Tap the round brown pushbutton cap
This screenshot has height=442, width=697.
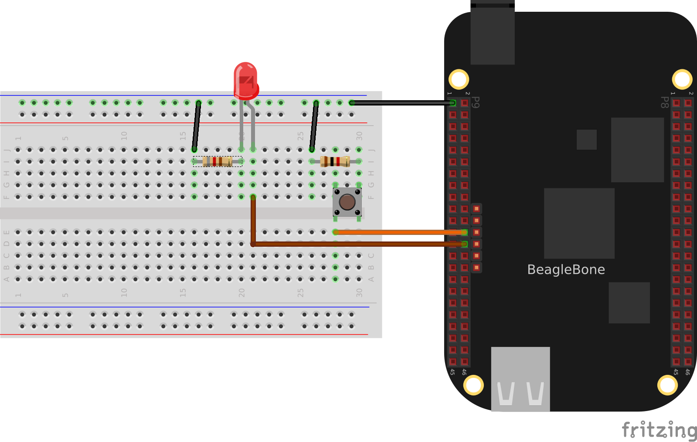click(347, 202)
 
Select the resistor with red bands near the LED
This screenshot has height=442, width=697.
click(218, 162)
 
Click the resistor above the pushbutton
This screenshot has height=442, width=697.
click(335, 162)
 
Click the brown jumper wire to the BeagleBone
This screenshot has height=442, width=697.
click(357, 244)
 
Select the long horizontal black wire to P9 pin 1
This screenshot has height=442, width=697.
click(401, 103)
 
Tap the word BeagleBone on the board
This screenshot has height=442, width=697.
click(566, 269)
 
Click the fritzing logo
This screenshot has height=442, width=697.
click(659, 430)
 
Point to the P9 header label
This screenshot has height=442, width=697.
click(476, 102)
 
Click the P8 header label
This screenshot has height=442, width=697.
click(664, 102)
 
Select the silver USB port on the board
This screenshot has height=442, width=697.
click(520, 379)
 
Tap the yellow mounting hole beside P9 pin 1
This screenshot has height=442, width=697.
click(459, 79)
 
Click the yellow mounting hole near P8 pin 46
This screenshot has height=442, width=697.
click(667, 385)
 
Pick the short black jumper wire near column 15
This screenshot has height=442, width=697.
click(197, 126)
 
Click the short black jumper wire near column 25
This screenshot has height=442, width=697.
click(314, 126)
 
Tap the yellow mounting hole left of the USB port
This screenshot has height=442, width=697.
click(473, 385)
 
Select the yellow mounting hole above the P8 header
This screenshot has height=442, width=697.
click(682, 79)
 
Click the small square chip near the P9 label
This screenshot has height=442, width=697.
click(586, 139)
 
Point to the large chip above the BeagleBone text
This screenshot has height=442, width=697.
click(579, 223)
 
